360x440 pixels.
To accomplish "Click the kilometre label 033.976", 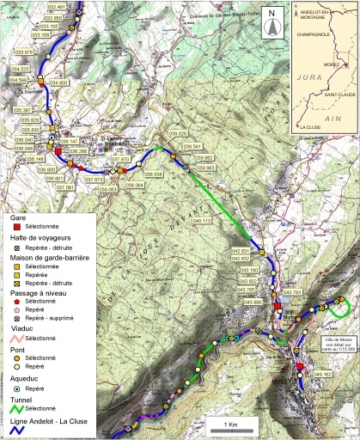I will pos(28,51).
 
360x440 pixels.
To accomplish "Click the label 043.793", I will pos(292,293).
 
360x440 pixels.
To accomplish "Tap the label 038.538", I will pos(154,174).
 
